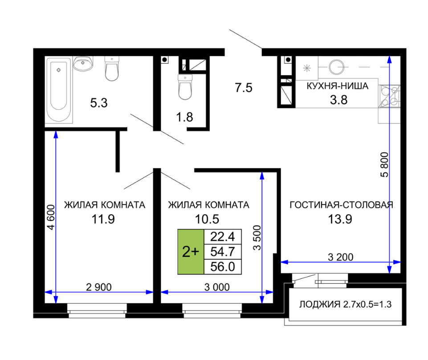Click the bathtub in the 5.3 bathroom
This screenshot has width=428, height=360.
(x=59, y=90)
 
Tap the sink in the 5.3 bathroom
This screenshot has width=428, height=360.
(x=83, y=63)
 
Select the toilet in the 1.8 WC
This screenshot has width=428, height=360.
(x=185, y=86)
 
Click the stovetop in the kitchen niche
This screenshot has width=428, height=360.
(x=389, y=96)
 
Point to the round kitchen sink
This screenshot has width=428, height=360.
(x=337, y=67)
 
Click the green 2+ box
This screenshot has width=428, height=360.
(x=191, y=252)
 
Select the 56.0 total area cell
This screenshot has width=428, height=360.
(x=223, y=266)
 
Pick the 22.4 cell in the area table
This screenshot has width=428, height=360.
(x=223, y=237)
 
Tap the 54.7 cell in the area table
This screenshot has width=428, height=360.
(x=223, y=252)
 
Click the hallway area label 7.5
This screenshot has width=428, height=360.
(x=244, y=88)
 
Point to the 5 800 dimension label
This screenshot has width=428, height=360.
(x=384, y=165)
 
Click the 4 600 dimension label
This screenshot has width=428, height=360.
(x=51, y=217)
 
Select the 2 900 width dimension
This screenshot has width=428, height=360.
(x=99, y=287)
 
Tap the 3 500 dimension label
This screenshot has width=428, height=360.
(x=257, y=237)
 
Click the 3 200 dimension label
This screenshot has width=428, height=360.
(x=341, y=257)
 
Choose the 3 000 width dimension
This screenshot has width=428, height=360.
(x=217, y=287)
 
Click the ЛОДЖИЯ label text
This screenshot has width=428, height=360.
(x=320, y=304)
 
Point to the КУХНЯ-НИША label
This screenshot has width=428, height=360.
(x=338, y=86)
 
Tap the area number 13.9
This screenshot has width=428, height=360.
(x=340, y=219)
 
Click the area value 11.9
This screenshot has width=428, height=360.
(x=103, y=219)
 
